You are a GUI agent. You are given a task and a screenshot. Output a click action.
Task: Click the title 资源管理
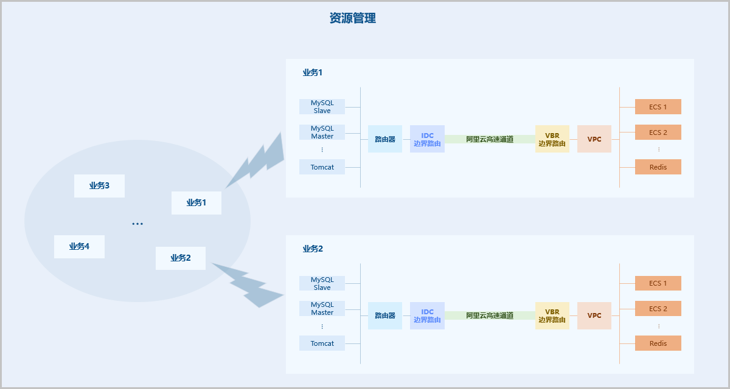[x=352, y=18]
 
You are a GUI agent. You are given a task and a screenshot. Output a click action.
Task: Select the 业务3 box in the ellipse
[x=99, y=186]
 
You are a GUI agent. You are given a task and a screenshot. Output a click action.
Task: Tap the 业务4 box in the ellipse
[x=79, y=247]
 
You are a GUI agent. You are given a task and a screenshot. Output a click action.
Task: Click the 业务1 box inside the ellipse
[x=196, y=203]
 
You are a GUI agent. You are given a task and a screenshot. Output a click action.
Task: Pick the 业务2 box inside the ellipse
[x=180, y=258]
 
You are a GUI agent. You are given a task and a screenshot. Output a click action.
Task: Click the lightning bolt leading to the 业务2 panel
[x=249, y=286]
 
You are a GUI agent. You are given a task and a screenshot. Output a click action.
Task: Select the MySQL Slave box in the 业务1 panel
[x=322, y=107]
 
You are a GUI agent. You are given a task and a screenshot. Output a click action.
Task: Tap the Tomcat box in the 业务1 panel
[x=322, y=167]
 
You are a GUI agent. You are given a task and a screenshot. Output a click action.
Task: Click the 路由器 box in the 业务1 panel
[x=385, y=139]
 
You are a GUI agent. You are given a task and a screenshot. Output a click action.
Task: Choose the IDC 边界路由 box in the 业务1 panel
[x=427, y=139]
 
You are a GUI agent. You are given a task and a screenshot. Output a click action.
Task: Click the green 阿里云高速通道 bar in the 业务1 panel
[x=490, y=139]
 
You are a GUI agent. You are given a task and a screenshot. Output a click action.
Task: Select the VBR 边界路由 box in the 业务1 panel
[x=552, y=139]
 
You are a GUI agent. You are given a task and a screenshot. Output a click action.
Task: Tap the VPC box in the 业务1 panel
[x=594, y=139]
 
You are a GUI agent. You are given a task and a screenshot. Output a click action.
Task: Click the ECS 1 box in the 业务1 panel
[x=658, y=107]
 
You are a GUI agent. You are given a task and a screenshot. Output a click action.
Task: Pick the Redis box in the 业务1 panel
[x=658, y=167]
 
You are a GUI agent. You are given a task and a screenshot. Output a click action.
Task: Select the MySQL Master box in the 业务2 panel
[x=322, y=309]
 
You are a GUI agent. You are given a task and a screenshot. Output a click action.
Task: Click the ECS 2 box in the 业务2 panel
[x=658, y=309]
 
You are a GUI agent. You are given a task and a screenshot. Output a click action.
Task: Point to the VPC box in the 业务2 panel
[x=594, y=315]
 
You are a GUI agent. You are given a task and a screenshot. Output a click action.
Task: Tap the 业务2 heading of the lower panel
[x=313, y=249]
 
